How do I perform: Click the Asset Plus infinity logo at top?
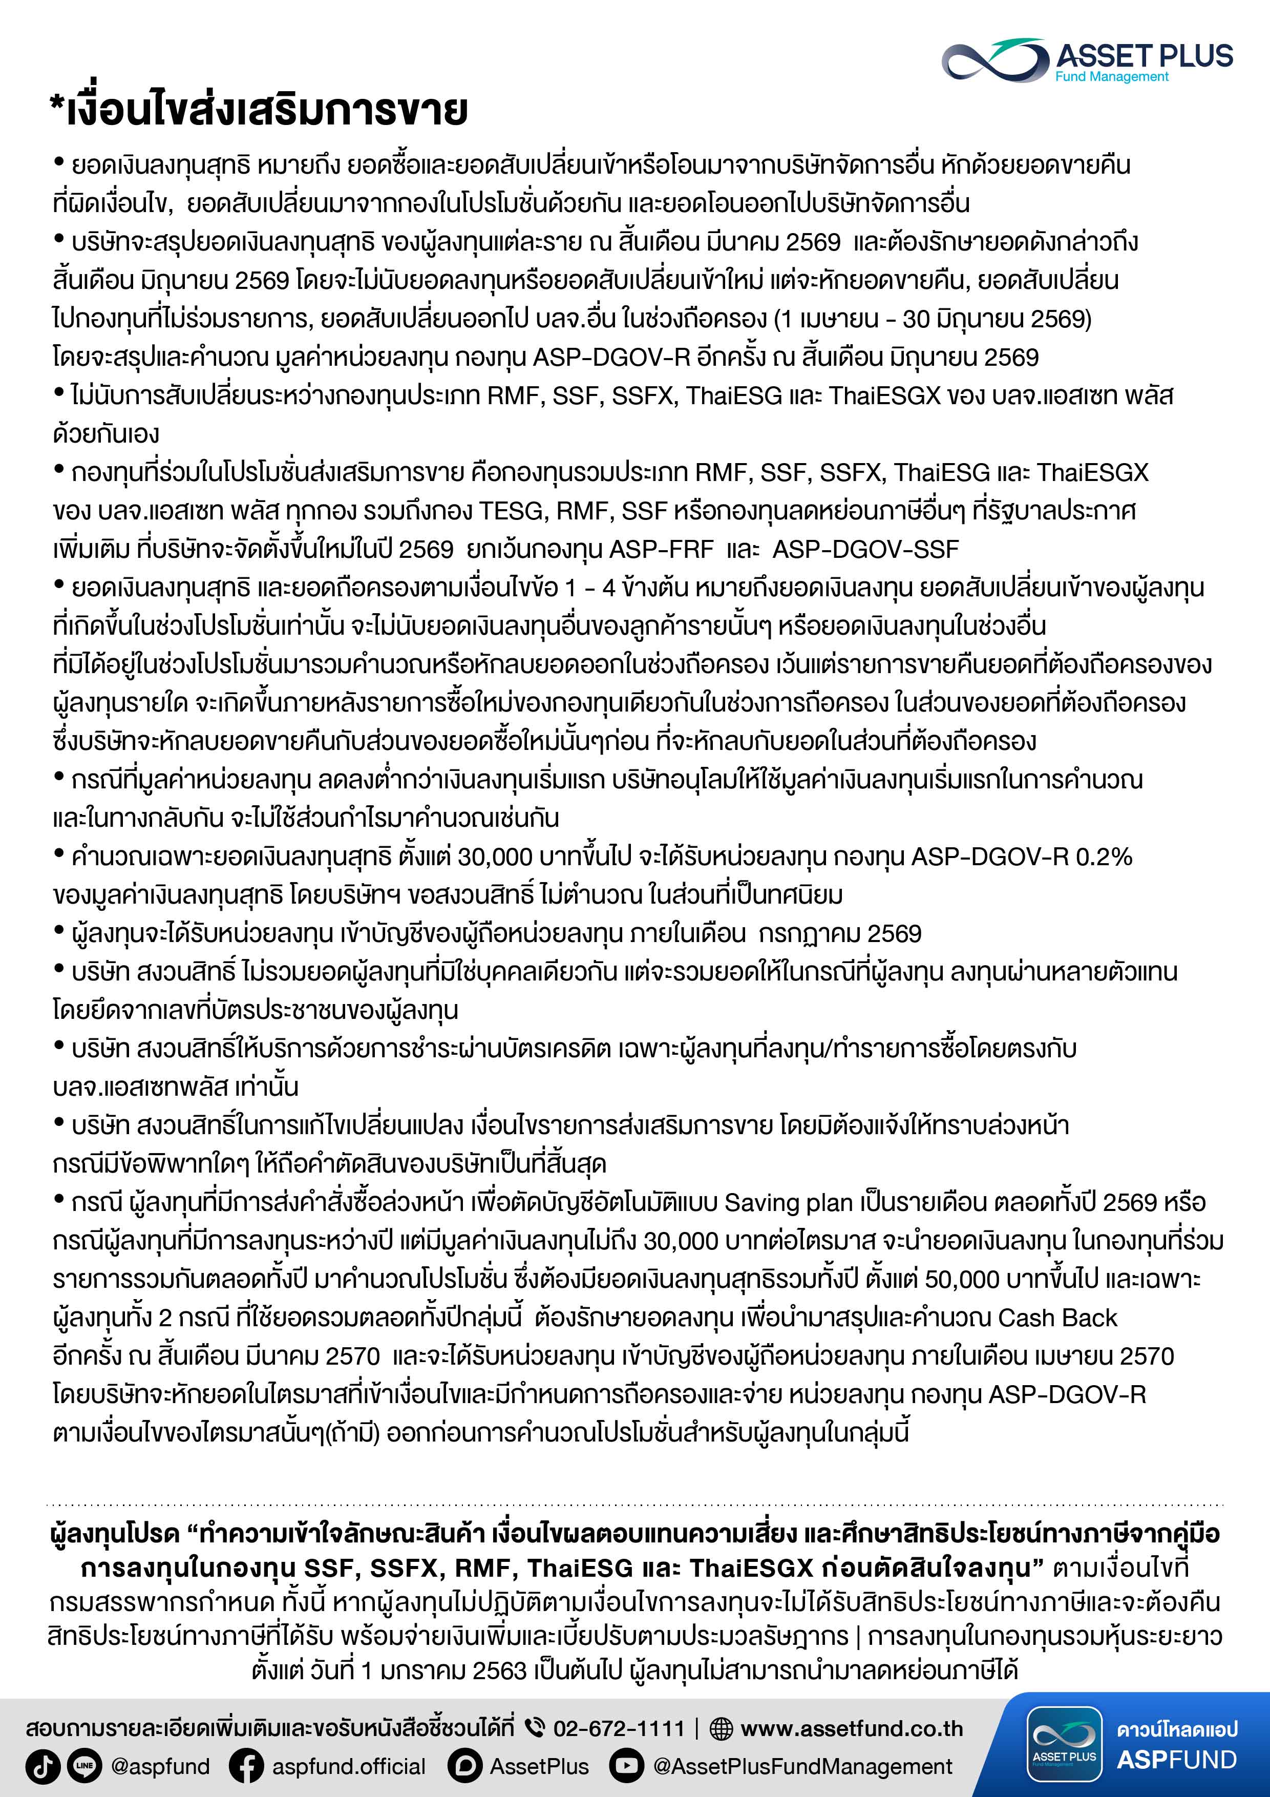[x=994, y=60]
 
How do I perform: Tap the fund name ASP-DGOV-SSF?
[x=865, y=550]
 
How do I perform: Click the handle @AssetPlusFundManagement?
[x=802, y=1766]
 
